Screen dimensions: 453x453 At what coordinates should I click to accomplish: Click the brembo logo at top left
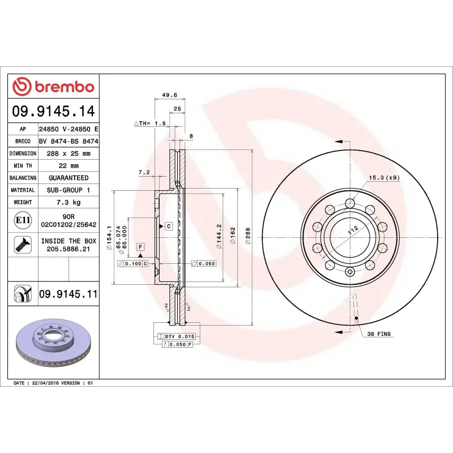click(x=53, y=87)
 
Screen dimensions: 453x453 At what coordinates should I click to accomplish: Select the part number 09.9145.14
click(x=53, y=111)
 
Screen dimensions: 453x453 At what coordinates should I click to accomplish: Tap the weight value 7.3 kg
click(x=69, y=202)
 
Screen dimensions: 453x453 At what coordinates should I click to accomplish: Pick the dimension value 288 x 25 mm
click(x=69, y=153)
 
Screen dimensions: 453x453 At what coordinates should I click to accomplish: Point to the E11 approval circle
click(x=23, y=220)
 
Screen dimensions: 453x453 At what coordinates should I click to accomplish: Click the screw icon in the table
click(x=23, y=245)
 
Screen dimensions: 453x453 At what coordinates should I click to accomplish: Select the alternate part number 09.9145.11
click(x=69, y=294)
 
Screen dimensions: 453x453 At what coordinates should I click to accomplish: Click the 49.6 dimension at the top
click(x=169, y=95)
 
